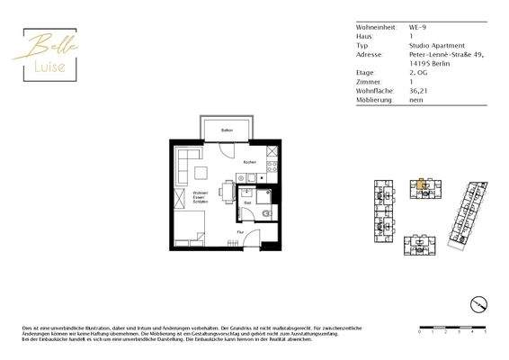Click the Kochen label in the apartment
249,162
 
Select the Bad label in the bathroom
248,203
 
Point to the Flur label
240,232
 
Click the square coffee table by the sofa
207,172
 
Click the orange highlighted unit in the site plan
420,188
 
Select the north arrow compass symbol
480,302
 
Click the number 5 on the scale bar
486,332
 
